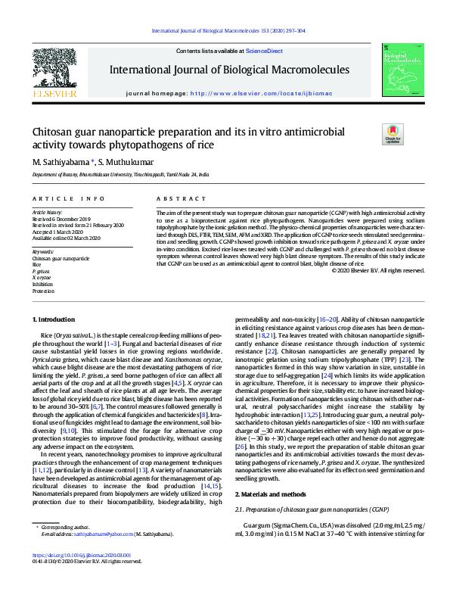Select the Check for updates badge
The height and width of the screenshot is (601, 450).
(x=393, y=134)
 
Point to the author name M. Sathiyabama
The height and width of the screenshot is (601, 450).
(x=62, y=161)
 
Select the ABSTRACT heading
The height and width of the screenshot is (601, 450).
(x=175, y=198)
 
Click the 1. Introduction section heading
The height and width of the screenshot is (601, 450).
(x=56, y=321)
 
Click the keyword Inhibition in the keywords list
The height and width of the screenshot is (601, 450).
(x=42, y=285)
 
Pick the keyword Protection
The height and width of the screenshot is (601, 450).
(x=43, y=291)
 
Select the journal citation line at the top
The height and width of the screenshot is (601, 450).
(x=228, y=31)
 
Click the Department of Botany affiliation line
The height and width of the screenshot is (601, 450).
(x=109, y=173)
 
